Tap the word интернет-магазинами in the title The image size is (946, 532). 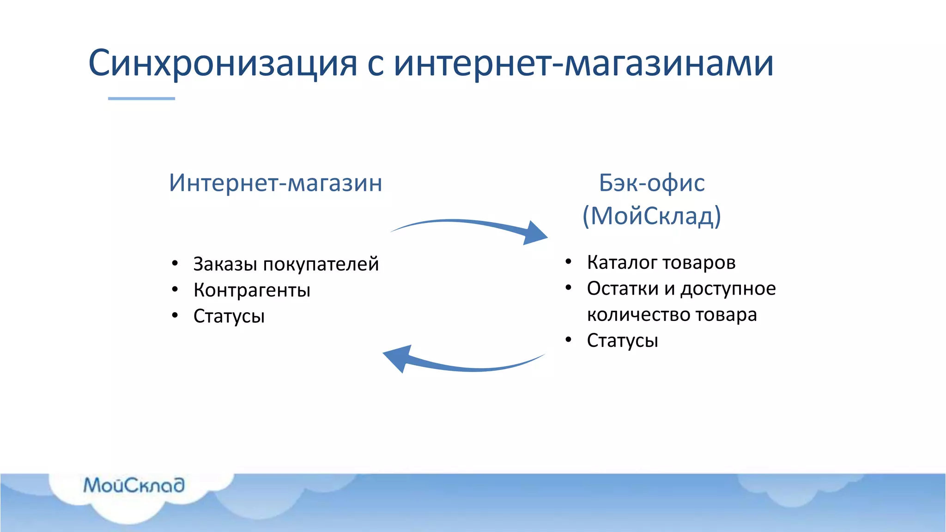[583, 63]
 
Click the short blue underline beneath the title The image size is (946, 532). [141, 98]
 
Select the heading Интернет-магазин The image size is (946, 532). [275, 183]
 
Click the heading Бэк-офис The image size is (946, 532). [651, 183]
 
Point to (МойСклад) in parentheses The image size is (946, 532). [651, 215]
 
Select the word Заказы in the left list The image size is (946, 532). [225, 265]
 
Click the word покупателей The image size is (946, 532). [321, 265]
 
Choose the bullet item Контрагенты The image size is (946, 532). [252, 290]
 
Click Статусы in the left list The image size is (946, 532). [229, 316]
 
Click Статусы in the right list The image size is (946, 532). [622, 341]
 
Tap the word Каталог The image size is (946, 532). [621, 263]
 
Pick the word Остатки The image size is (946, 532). [623, 289]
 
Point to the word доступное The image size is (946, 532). [728, 289]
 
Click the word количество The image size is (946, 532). [639, 315]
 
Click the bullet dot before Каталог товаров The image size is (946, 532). [568, 262]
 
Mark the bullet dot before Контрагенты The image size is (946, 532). [175, 290]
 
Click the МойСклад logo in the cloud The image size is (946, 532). [134, 485]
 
